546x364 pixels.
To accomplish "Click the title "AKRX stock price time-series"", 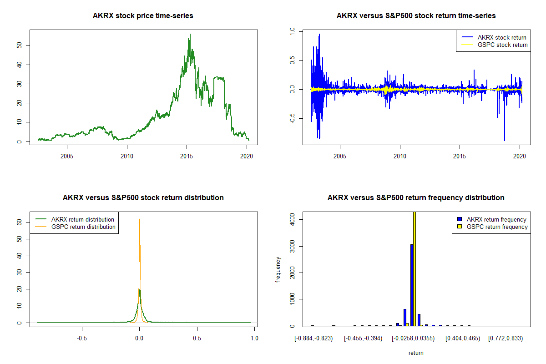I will point(143,16).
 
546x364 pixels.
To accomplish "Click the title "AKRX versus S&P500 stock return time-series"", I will point(416,16).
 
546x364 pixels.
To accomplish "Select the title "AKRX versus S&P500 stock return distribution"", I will point(143,198).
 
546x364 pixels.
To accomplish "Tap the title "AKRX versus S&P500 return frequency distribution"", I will point(416,198).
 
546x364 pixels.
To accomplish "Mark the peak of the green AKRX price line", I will point(190,35).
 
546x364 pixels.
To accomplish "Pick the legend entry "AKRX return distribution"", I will point(82,219).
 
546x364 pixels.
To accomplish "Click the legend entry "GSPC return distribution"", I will point(83,227).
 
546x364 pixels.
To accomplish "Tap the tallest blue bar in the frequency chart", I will point(412,285).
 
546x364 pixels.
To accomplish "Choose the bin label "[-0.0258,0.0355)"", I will point(414,339).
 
